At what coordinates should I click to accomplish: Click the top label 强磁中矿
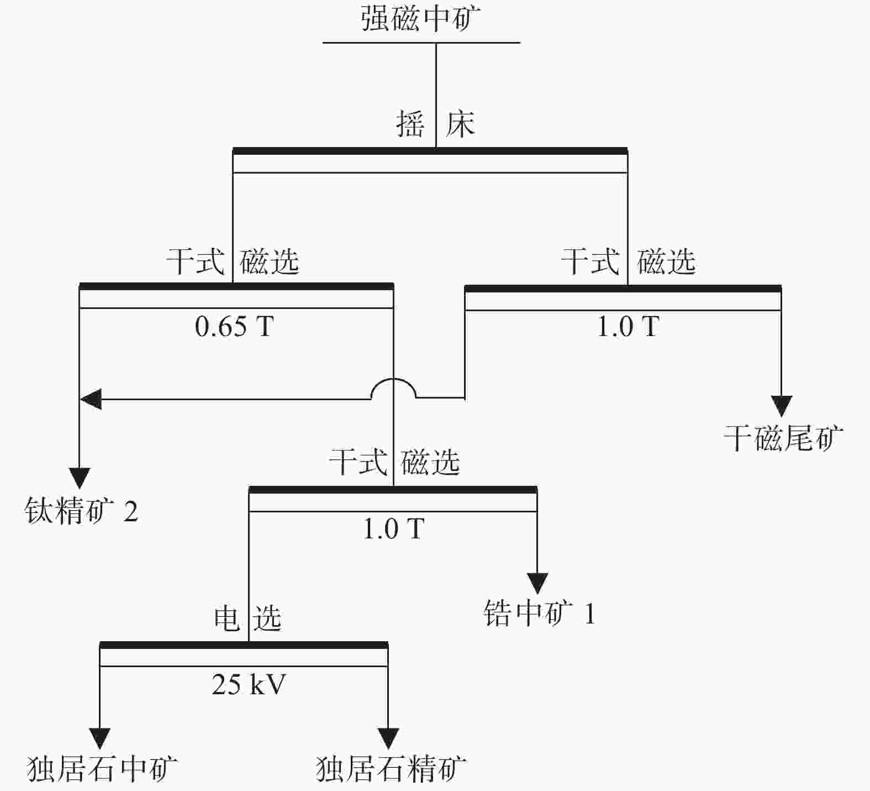coord(421,19)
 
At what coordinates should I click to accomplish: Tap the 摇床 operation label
coord(435,124)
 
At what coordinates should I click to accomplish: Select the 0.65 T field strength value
coord(234,326)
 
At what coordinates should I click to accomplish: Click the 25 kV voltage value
coord(249,684)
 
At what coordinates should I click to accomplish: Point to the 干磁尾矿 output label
coord(783,438)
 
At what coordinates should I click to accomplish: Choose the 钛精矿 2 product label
coord(81,511)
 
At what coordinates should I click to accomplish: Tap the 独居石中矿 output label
coord(102,769)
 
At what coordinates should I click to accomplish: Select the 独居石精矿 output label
coord(391,769)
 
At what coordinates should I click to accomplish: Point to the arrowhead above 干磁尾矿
coord(781,406)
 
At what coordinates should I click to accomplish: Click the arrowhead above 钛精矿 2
coord(80,478)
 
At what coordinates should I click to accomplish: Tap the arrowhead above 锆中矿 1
coord(537,583)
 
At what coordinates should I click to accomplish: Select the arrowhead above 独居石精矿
coord(388,738)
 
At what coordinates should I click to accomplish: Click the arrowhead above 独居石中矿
coord(100,738)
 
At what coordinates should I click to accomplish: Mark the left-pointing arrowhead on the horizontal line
coord(91,399)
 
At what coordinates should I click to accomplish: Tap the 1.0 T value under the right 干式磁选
coord(628,326)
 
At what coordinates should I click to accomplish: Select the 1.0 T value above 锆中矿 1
coord(393,528)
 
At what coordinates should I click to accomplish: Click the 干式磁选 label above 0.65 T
coord(233,261)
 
